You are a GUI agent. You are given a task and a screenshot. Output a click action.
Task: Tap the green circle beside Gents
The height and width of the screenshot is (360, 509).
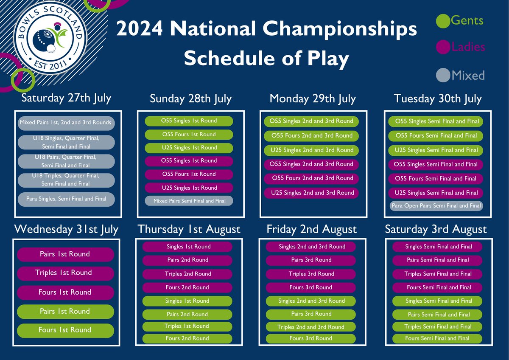[443, 20]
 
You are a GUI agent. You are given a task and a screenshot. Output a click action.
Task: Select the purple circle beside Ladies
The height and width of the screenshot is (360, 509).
[443, 47]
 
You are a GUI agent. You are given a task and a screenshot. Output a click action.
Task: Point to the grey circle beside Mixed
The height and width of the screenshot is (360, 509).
[443, 76]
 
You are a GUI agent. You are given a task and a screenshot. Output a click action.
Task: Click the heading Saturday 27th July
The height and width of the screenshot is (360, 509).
[66, 98]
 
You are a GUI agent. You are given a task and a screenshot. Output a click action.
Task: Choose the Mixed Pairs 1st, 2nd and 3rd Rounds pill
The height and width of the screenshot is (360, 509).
[65, 123]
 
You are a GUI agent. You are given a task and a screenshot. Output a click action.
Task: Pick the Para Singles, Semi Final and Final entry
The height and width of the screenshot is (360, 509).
[66, 199]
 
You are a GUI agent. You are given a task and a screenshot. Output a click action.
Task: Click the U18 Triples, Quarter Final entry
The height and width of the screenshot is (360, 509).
[66, 180]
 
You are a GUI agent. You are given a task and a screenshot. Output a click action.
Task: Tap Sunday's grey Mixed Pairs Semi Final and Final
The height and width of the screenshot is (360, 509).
[189, 201]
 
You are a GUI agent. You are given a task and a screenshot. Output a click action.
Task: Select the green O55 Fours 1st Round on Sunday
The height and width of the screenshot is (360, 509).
[189, 135]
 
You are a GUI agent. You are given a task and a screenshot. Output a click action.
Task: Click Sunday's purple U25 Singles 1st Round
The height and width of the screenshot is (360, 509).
[189, 188]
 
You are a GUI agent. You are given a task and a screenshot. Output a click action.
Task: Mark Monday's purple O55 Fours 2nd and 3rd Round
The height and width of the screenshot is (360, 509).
[312, 178]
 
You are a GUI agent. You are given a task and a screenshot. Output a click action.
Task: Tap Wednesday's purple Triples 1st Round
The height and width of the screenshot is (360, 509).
[65, 273]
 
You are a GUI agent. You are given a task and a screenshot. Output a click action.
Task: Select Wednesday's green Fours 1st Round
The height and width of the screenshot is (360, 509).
[65, 330]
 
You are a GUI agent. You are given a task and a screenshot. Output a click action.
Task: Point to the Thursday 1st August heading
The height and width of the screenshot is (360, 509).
[189, 230]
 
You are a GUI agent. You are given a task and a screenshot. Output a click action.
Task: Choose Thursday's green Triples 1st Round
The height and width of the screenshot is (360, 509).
[187, 326]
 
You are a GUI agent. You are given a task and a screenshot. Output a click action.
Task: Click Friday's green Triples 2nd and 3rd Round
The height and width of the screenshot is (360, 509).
[311, 327]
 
